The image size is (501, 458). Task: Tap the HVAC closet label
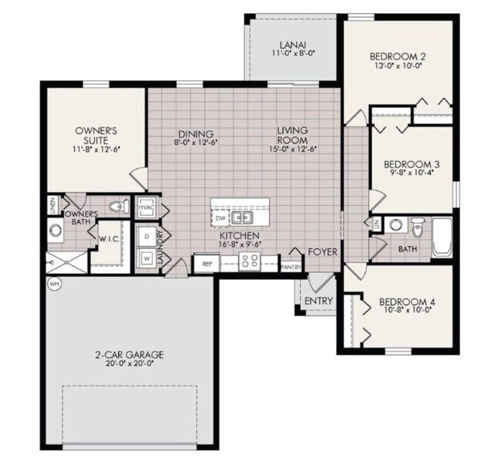pos(146,208)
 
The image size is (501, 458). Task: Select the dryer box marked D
pos(146,236)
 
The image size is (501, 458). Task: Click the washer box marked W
pos(146,258)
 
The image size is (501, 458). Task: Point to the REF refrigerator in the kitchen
pos(207,264)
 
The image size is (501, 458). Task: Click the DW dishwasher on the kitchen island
pos(220,218)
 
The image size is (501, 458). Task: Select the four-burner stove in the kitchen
pos(250,262)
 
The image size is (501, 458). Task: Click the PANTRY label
pos(291,267)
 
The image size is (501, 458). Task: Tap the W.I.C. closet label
pos(107,238)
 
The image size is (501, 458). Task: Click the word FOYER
pos(322,252)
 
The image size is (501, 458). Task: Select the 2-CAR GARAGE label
pos(129,355)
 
